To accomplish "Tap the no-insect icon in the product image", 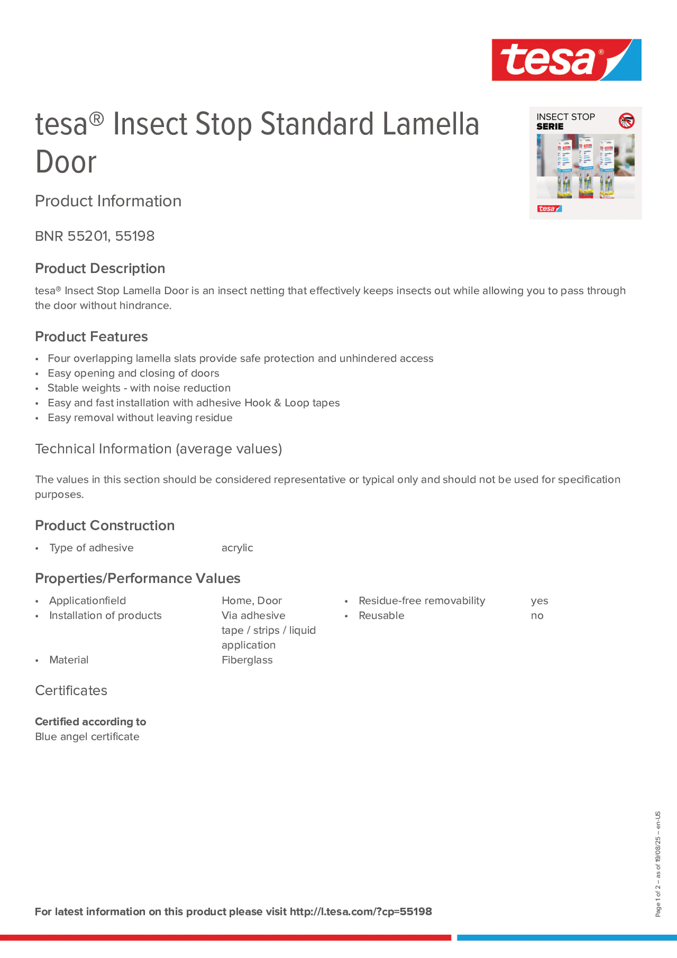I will (x=626, y=121).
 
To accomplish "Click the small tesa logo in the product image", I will (x=549, y=209).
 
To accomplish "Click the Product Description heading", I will (x=100, y=268).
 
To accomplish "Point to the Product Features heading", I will (x=91, y=337).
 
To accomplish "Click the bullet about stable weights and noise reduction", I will (x=138, y=388).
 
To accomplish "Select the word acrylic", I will (x=237, y=548).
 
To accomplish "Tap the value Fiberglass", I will (x=247, y=660).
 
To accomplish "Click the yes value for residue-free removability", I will (x=539, y=601).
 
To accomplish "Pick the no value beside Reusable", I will (x=537, y=616).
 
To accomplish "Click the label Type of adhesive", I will (x=91, y=548).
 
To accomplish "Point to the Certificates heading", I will (x=71, y=690).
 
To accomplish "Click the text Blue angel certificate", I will (x=87, y=737).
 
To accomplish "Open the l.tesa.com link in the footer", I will (x=361, y=912).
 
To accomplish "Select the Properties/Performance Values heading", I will (x=137, y=579).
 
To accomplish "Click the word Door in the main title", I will (x=66, y=162).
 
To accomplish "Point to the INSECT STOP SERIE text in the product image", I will (x=565, y=122).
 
